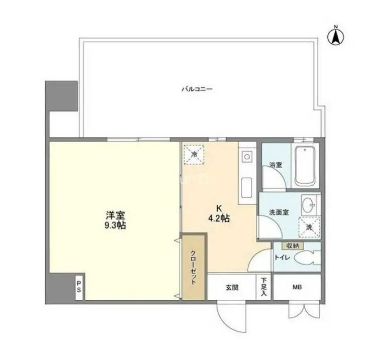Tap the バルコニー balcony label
[197, 89]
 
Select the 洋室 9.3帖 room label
[115, 220]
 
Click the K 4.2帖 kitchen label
[219, 213]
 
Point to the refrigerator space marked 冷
[194, 154]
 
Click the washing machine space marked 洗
[309, 227]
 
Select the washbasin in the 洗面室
[308, 203]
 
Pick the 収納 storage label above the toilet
[292, 246]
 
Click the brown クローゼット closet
[193, 267]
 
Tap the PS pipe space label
[79, 287]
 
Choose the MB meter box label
[297, 287]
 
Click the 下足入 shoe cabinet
[264, 287]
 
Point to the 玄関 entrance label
[232, 288]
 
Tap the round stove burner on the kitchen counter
[247, 157]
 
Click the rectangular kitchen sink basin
[246, 188]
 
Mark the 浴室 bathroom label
[276, 165]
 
